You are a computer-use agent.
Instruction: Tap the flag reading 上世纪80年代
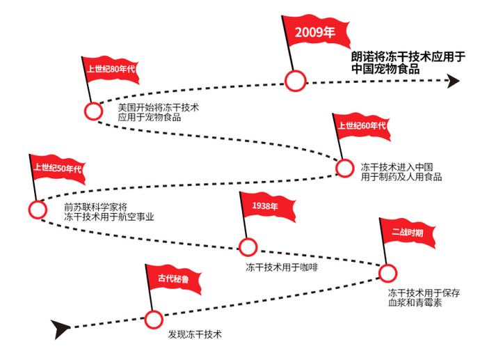111,70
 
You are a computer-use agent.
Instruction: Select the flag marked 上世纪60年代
362,127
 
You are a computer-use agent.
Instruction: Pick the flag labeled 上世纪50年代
58,169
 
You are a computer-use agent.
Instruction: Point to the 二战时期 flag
407,233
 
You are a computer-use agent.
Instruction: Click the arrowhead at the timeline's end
453,81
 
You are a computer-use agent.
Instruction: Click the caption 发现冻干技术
195,335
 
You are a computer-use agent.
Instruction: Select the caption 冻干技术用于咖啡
282,267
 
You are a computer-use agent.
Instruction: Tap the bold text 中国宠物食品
385,69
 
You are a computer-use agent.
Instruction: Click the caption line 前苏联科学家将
95,207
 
